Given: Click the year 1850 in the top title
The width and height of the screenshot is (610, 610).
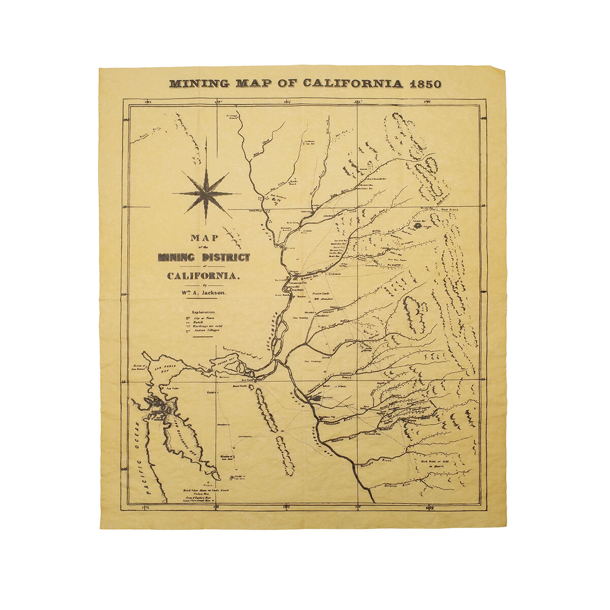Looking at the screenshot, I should click(425, 84).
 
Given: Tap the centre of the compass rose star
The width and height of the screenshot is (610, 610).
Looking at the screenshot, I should click(206, 194).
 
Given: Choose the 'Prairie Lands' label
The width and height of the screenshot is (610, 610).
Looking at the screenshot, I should click(321, 294).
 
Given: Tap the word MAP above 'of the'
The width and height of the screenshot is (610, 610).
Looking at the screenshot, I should click(204, 238).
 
